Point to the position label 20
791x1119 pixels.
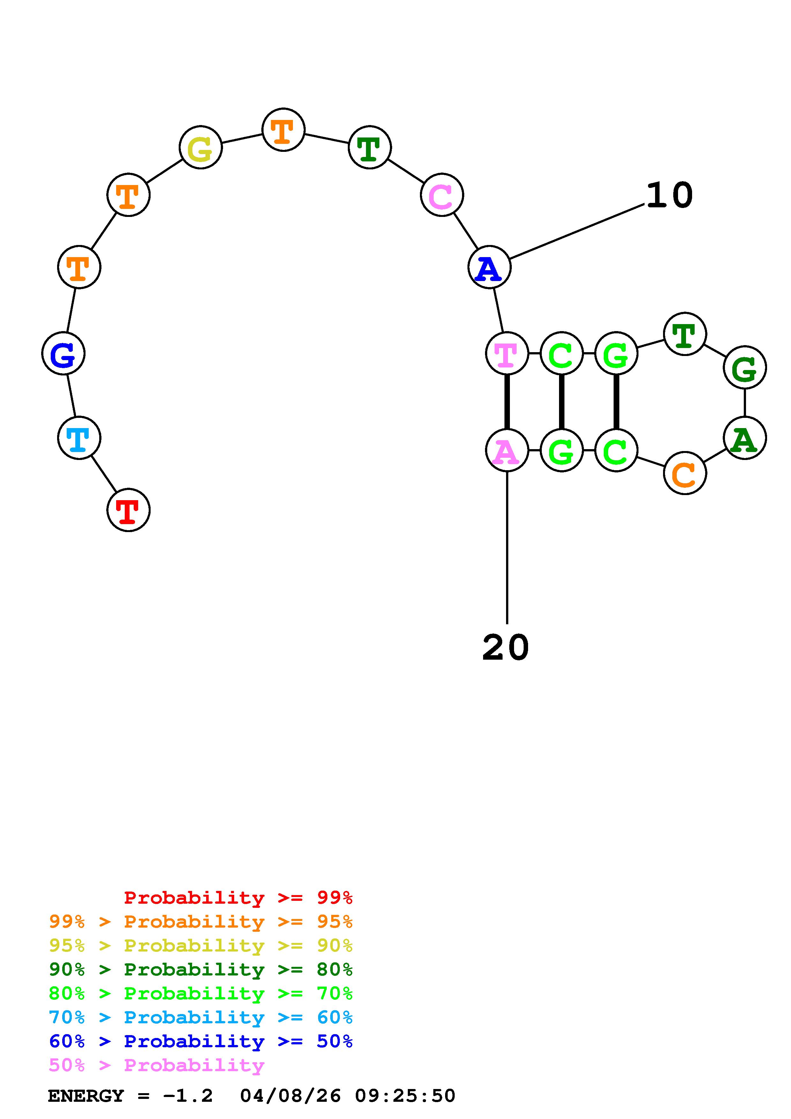(x=505, y=648)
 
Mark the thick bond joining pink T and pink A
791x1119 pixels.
(x=507, y=402)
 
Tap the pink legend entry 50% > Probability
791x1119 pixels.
(x=156, y=1065)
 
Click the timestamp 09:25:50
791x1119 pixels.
(x=405, y=1096)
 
